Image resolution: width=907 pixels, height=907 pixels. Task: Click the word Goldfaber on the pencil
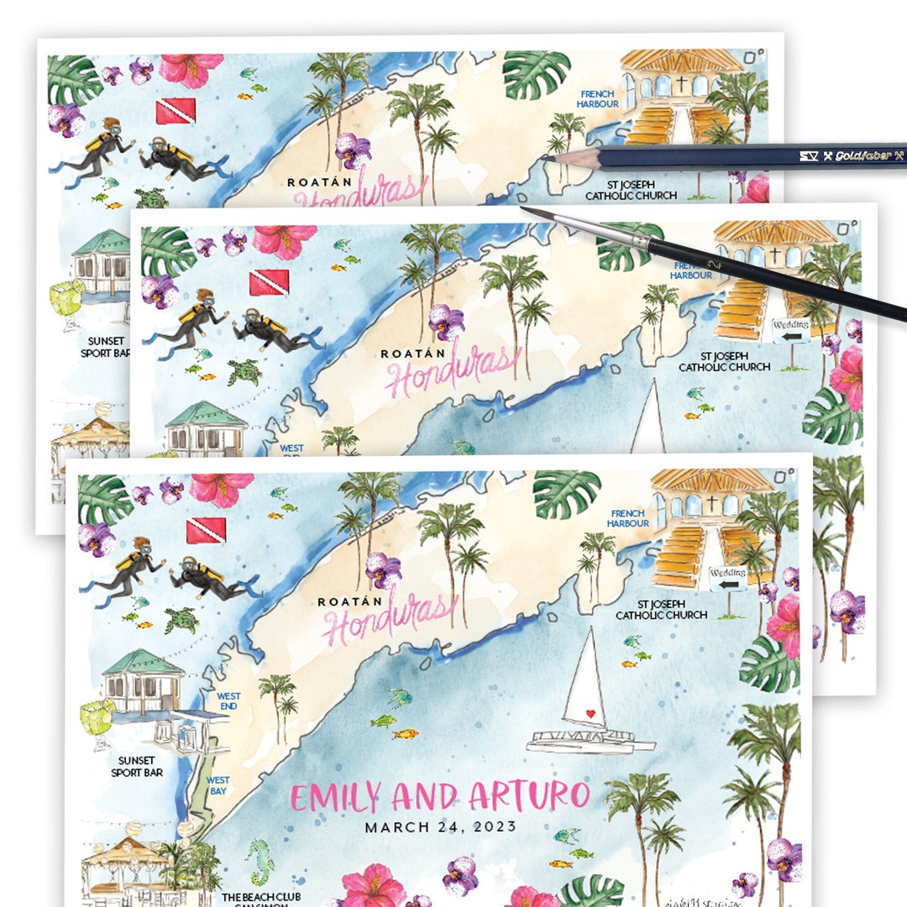pos(857,155)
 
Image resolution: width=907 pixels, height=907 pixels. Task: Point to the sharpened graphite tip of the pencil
pos(547,157)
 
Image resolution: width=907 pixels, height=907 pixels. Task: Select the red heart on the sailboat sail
pos(590,714)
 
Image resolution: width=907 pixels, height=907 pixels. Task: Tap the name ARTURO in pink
pos(529,795)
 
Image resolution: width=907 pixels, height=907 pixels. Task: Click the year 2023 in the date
pos(496,827)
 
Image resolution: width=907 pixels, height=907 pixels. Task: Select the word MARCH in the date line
pos(396,827)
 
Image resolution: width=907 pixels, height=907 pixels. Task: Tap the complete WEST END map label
pos(228,701)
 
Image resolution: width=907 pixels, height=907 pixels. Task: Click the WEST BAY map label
pos(218,785)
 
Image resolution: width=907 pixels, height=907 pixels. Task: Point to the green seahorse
pos(261,862)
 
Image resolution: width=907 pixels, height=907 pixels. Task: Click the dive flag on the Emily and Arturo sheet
pos(206,530)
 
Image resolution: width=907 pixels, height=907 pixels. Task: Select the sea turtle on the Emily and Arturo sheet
pos(181,620)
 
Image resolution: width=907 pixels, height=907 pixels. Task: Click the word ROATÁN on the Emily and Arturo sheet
pos(349,601)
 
